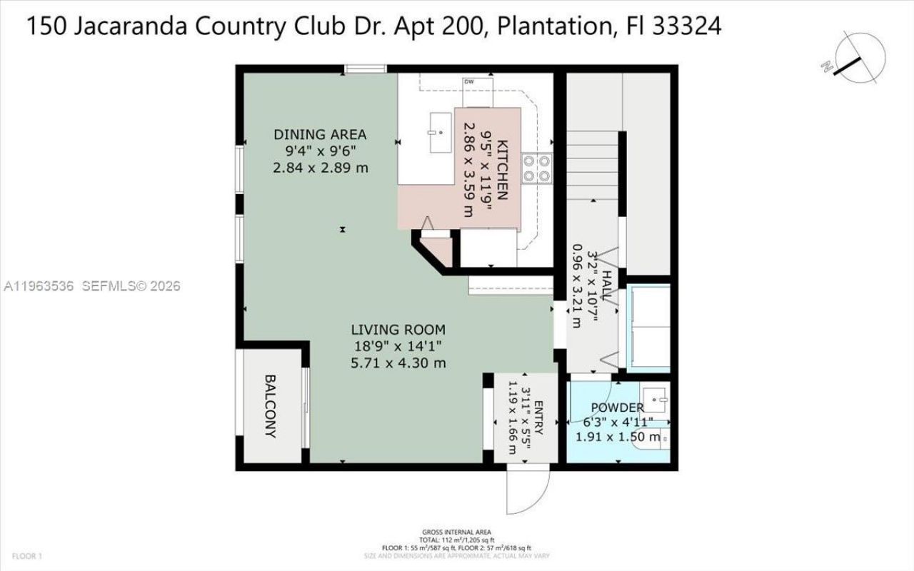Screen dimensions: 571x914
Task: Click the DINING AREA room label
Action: pos(320,134)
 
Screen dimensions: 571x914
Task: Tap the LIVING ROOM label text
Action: pos(398,330)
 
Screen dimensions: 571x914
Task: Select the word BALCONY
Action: pos(271,406)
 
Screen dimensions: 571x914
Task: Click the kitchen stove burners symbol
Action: pos(536,168)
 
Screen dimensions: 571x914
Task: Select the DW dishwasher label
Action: pos(469,82)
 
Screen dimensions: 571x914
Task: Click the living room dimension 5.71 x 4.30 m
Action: pos(398,363)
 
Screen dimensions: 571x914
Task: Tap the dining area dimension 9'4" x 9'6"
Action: pos(320,151)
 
